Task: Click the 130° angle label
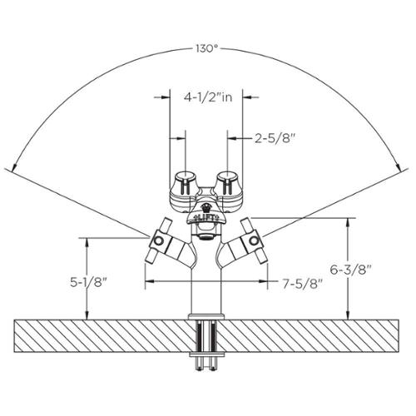tap(206, 49)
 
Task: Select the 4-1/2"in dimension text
tap(208, 97)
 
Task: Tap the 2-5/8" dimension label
tap(274, 138)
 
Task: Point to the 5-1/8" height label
tap(88, 282)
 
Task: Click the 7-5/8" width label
tap(303, 284)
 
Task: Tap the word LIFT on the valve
tap(206, 217)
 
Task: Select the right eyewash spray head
tap(228, 183)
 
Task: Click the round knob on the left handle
tap(159, 240)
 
